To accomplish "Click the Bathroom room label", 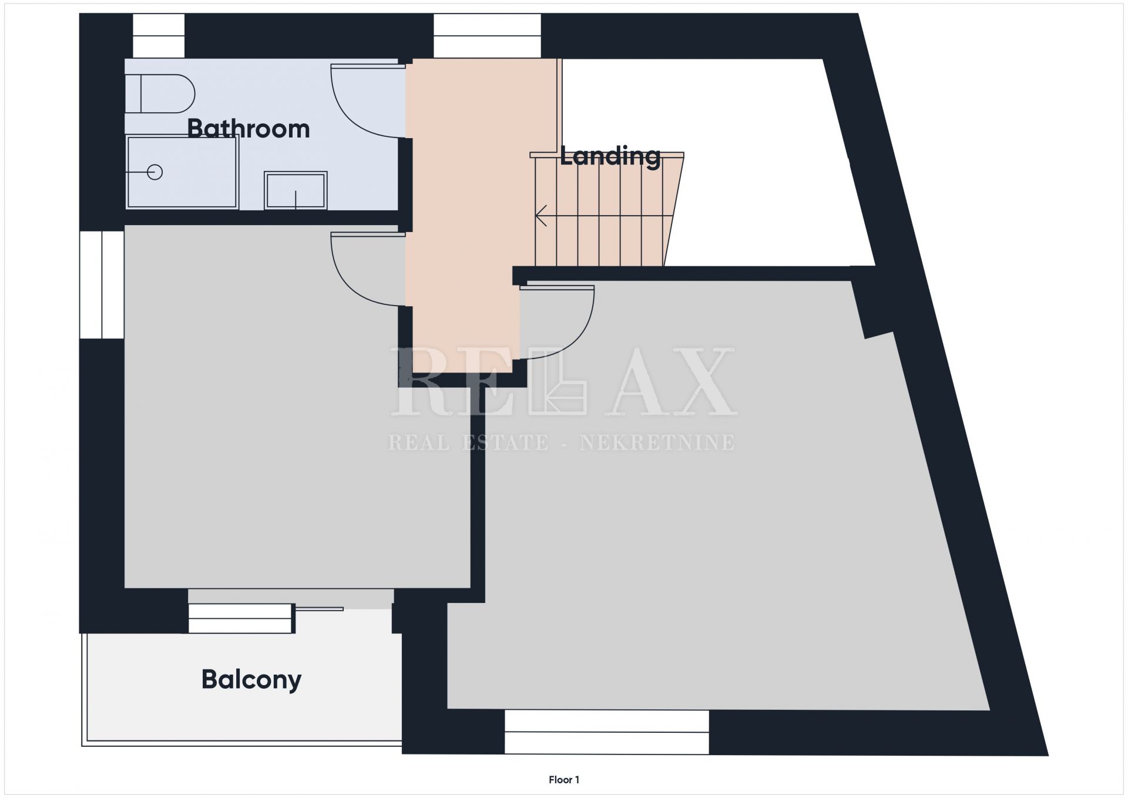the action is (x=249, y=129).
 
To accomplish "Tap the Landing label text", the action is (x=610, y=156).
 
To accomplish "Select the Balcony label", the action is (x=251, y=680).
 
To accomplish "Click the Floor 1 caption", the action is (x=564, y=780).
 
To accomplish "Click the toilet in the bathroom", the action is (x=160, y=93).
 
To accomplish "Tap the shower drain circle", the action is (x=155, y=172).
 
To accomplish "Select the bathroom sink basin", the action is (x=296, y=190).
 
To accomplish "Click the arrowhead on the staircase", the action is (x=541, y=216).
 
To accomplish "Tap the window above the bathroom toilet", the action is (x=159, y=36).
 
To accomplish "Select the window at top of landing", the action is (x=487, y=36).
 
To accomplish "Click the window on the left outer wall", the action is (x=102, y=285).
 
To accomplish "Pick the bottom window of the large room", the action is (x=607, y=732).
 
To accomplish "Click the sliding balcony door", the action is (x=266, y=618).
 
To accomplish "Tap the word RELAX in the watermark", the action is (x=563, y=381).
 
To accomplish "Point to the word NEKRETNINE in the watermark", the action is (x=657, y=442).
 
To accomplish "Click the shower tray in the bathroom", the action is (x=183, y=172).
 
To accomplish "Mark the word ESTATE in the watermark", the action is (x=505, y=442).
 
